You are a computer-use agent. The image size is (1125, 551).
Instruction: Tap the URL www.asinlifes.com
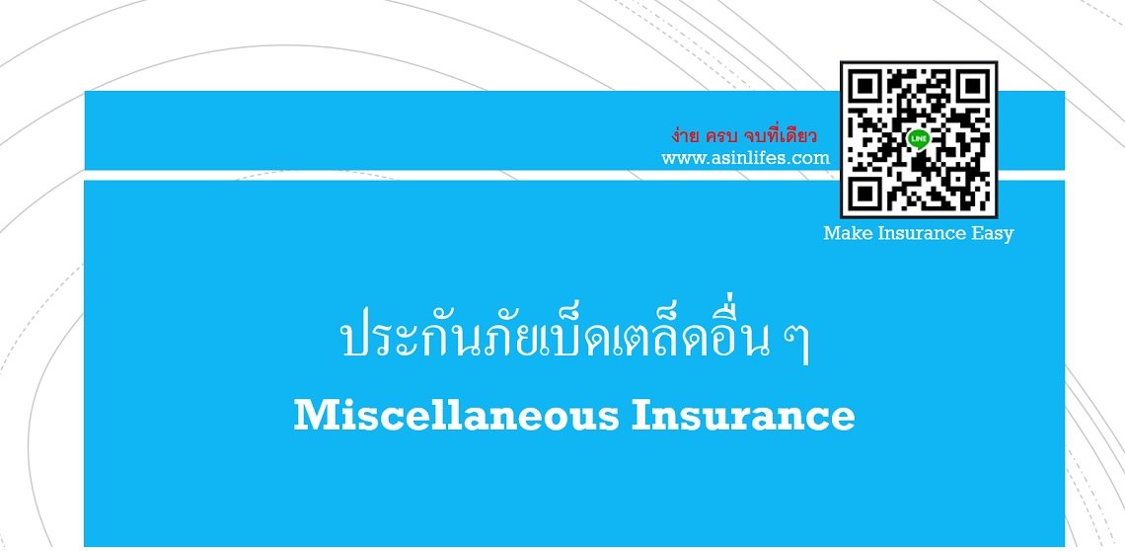click(x=745, y=158)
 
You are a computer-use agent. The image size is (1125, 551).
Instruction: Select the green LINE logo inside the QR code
click(x=919, y=139)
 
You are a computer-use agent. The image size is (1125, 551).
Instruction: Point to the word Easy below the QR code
click(x=991, y=234)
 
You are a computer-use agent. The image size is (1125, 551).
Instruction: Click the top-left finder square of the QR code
click(x=865, y=87)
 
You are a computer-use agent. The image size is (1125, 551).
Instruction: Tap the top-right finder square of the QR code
click(x=971, y=87)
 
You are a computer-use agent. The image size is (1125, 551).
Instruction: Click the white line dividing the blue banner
click(x=454, y=175)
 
